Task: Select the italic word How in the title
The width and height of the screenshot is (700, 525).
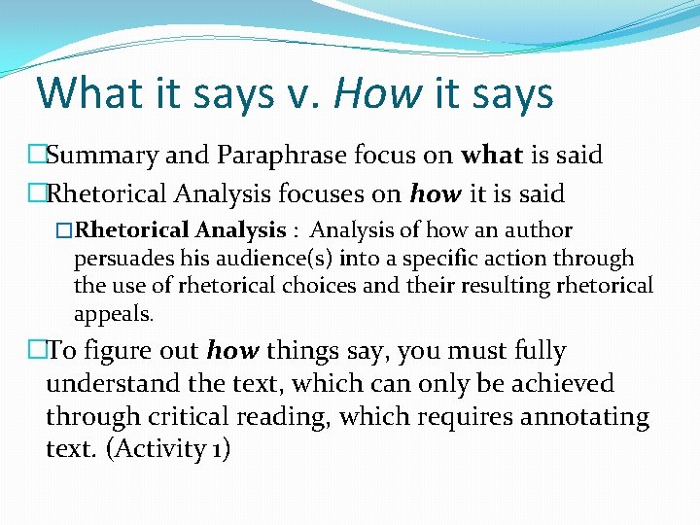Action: (378, 93)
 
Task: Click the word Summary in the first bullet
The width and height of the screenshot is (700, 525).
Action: (93, 156)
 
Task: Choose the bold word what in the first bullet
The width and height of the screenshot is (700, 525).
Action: (492, 156)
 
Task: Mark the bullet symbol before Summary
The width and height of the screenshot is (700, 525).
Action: (37, 156)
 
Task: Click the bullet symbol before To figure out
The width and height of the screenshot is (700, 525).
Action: (37, 351)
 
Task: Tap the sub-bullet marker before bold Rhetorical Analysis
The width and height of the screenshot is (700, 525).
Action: (65, 231)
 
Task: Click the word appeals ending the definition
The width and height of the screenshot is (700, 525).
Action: (112, 315)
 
